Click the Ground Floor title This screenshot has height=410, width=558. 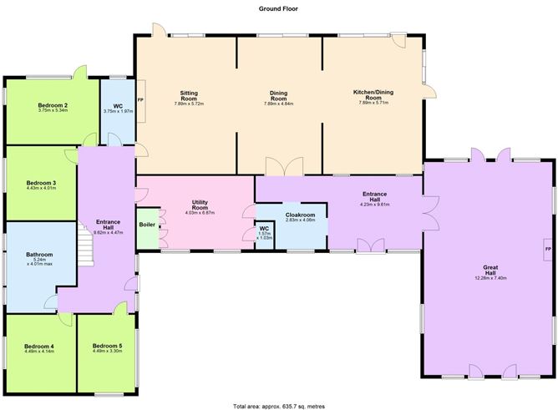278,9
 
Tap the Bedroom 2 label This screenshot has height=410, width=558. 53,105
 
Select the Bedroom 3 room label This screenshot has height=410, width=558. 41,183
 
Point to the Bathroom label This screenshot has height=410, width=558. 39,255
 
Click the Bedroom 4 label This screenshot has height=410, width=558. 39,347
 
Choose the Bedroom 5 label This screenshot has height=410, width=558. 107,346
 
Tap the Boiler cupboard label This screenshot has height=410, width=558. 147,225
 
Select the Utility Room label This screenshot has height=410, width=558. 200,205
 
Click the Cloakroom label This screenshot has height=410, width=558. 301,215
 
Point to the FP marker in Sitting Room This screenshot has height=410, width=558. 140,100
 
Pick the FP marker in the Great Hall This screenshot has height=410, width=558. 548,250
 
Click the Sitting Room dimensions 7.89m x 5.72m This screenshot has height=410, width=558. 189,104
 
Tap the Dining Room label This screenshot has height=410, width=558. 278,96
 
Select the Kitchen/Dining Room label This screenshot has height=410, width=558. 373,94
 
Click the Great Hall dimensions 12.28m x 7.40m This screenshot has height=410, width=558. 490,278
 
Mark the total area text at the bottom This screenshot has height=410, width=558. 279,406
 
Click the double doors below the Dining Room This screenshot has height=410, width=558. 284,166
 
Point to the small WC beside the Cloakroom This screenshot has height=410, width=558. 265,235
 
